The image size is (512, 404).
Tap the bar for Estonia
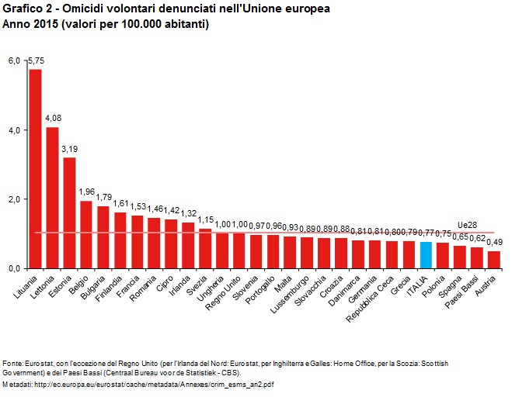point(69,212)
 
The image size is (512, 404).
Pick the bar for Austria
point(494,260)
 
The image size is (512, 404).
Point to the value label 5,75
point(37,60)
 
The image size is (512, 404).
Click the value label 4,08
point(53,118)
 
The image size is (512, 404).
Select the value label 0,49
point(495,243)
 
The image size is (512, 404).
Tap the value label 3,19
point(70,148)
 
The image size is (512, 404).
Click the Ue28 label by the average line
point(467,225)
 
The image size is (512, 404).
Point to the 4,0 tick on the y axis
point(15,130)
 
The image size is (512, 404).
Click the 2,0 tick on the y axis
point(15,199)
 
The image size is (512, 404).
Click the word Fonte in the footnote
point(12,363)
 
